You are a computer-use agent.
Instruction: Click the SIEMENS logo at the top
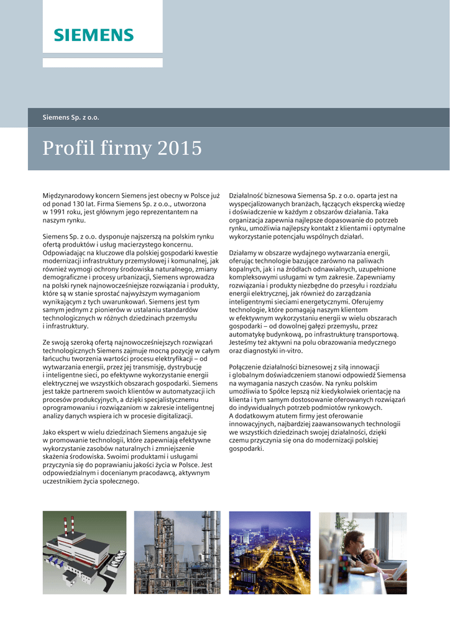point(93,35)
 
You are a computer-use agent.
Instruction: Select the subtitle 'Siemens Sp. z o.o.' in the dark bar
point(71,117)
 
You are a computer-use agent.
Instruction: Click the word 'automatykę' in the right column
point(247,334)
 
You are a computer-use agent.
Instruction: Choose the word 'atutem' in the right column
point(282,416)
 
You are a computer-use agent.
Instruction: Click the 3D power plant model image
point(84,552)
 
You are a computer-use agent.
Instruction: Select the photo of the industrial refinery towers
point(177,552)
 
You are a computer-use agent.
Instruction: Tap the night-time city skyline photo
point(270,552)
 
